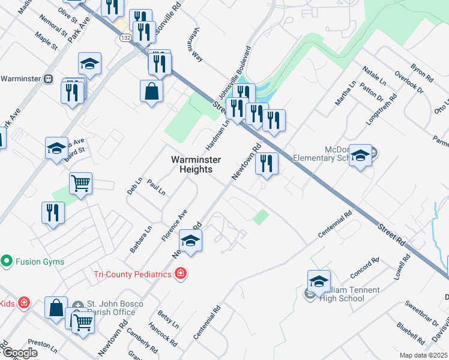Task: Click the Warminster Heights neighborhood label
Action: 196,164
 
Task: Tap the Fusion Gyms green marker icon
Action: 7,261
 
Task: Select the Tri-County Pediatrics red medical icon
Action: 180,274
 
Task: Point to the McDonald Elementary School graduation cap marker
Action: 360,155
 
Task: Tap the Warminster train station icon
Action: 49,79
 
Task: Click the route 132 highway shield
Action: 125,37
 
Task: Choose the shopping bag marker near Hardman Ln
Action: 151,92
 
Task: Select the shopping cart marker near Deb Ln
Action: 80,183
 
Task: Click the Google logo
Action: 20,353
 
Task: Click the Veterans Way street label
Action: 197,47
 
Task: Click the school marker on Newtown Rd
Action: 191,240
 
